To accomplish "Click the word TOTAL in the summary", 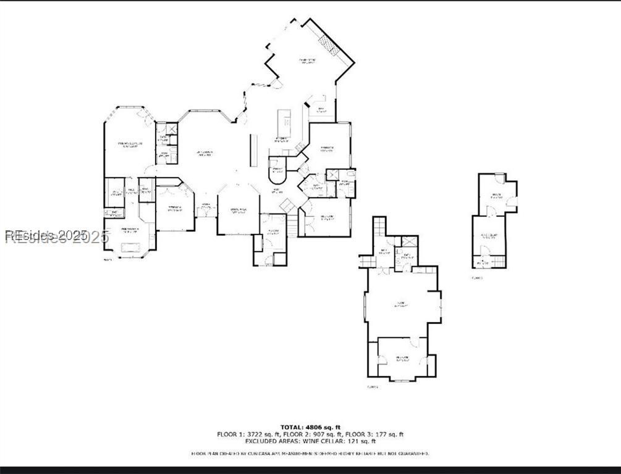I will tap(292, 427).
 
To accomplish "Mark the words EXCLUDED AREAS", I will tap(271, 441).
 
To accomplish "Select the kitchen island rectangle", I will tap(284, 119).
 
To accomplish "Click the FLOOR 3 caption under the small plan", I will tap(476, 278).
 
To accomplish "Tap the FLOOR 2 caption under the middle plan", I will tap(372, 387).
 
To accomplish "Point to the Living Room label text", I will tap(205, 152).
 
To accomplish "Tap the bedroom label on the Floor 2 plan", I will tap(402, 357).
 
